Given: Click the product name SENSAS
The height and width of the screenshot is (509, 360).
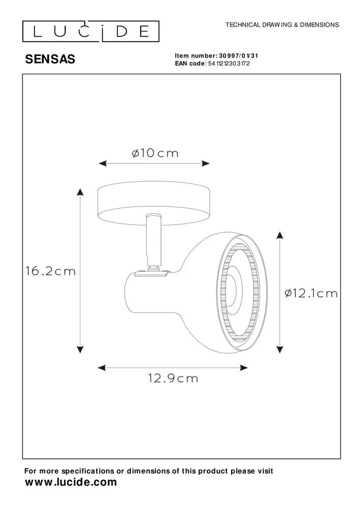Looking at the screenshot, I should (50, 60).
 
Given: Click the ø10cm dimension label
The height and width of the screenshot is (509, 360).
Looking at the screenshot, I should (155, 153).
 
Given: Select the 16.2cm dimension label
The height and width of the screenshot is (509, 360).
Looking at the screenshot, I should (50, 271).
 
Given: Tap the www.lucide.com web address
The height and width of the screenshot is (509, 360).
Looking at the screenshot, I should (71, 482).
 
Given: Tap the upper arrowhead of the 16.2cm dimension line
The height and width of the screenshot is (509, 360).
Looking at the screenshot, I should (80, 191).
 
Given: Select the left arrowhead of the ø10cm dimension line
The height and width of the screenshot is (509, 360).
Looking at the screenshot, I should (101, 163).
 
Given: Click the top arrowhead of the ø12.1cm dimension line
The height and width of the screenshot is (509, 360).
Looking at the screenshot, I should (279, 235).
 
